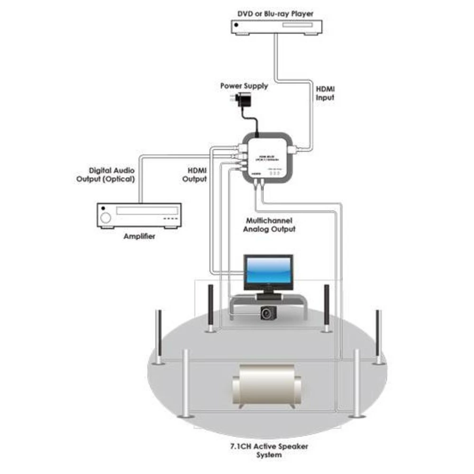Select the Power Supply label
tap(244, 86)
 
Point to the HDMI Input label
tap(325, 93)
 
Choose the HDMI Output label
tap(195, 174)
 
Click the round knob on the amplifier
tap(105, 217)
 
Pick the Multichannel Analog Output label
tap(269, 225)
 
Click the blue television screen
tap(268, 272)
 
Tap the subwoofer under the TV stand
tap(268, 312)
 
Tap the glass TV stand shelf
tap(268, 300)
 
